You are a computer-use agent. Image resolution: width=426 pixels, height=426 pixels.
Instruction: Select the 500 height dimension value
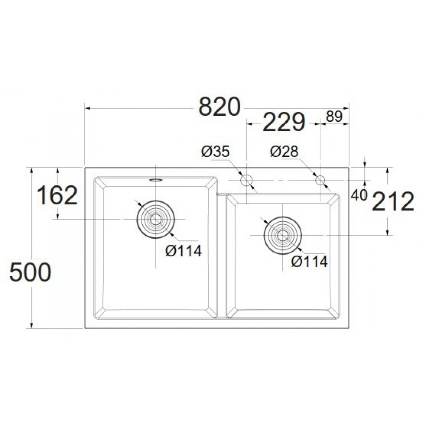(x=30, y=272)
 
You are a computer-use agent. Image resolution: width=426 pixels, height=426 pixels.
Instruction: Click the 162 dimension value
(x=57, y=195)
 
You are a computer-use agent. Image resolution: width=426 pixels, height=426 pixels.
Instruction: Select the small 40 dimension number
(x=359, y=195)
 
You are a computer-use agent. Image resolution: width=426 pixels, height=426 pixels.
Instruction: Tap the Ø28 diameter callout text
(x=285, y=151)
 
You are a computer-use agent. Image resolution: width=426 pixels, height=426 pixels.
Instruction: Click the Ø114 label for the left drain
(x=184, y=251)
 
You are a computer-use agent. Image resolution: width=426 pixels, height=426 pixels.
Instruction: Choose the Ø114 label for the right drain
(x=310, y=261)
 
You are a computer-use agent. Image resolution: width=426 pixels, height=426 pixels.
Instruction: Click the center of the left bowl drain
(x=156, y=219)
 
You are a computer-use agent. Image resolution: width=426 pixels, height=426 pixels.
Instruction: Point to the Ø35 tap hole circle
(x=246, y=180)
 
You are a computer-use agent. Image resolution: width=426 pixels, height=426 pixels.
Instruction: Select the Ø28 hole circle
(x=320, y=180)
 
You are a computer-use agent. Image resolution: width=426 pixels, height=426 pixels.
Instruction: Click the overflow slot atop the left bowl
(x=156, y=180)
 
